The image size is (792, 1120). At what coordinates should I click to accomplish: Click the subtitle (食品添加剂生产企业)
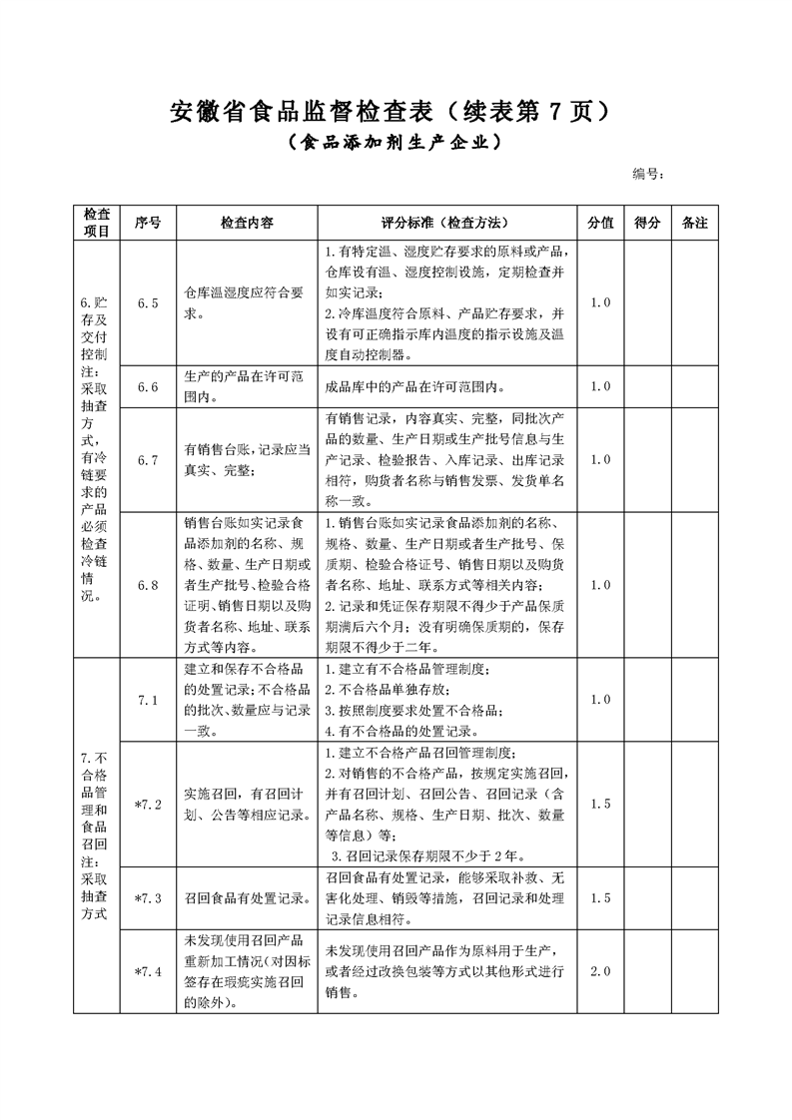point(395,143)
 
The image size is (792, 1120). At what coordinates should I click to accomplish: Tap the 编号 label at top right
point(648,174)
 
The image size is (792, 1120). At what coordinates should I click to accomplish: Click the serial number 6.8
point(148,585)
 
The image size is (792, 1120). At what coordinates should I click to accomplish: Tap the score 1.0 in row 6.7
point(600,460)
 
